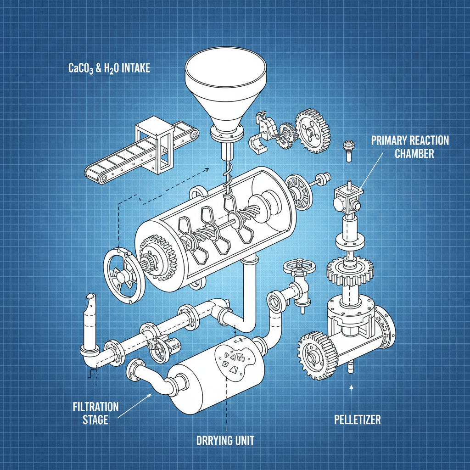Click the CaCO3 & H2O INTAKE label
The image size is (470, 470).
(109, 69)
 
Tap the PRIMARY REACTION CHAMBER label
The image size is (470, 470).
(409, 146)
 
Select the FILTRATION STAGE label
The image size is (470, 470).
(95, 413)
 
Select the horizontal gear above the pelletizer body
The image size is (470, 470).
(350, 271)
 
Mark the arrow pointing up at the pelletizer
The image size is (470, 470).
(351, 390)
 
